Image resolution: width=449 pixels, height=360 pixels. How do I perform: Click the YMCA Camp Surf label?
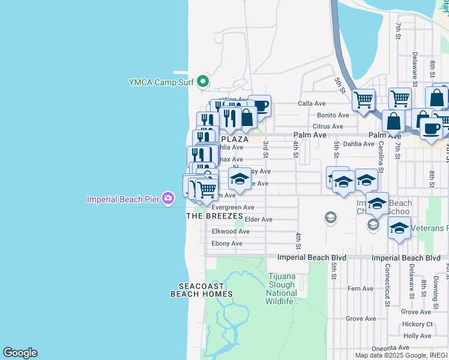pyautogui.click(x=161, y=82)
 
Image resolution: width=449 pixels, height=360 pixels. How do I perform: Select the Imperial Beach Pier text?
pyautogui.click(x=123, y=199)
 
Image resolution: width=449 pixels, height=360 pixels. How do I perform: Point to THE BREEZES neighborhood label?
pyautogui.click(x=214, y=216)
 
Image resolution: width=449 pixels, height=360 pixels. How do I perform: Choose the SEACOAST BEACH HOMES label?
pyautogui.click(x=201, y=290)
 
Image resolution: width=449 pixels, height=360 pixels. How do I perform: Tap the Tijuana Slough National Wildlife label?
pyautogui.click(x=282, y=289)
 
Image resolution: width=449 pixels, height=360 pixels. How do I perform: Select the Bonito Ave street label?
pyautogui.click(x=333, y=115)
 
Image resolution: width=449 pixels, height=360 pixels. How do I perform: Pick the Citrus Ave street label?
pyautogui.click(x=328, y=127)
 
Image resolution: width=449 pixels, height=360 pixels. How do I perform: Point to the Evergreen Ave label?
pyautogui.click(x=234, y=208)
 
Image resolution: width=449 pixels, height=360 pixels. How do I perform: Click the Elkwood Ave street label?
pyautogui.click(x=231, y=232)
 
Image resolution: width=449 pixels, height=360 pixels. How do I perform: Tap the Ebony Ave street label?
pyautogui.click(x=227, y=244)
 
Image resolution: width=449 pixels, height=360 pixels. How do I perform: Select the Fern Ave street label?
pyautogui.click(x=361, y=289)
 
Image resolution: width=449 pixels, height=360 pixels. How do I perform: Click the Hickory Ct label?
pyautogui.click(x=417, y=324)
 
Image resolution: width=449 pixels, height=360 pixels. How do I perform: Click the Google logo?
pyautogui.click(x=20, y=353)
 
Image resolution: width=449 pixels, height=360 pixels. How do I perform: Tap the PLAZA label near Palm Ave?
pyautogui.click(x=235, y=139)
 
